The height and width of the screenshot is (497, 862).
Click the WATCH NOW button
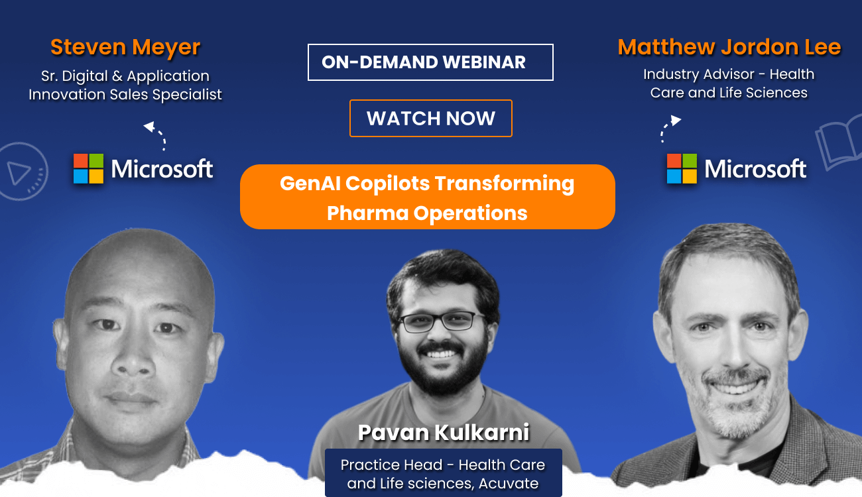coord(430,119)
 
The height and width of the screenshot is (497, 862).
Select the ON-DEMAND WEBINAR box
coord(430,62)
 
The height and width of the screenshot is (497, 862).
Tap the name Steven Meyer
coord(125,47)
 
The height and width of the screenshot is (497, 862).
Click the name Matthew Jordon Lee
coord(729,47)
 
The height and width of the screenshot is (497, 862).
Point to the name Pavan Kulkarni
coord(444,433)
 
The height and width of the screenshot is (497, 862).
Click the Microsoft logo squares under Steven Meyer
coord(88,169)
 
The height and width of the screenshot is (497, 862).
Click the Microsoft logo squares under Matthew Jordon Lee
coord(682,169)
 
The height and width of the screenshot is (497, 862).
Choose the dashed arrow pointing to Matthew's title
coord(669,129)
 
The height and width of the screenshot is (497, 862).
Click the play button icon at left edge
coord(20,172)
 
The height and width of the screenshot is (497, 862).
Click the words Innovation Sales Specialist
coord(125,95)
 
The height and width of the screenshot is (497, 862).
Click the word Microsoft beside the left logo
coord(162,169)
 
